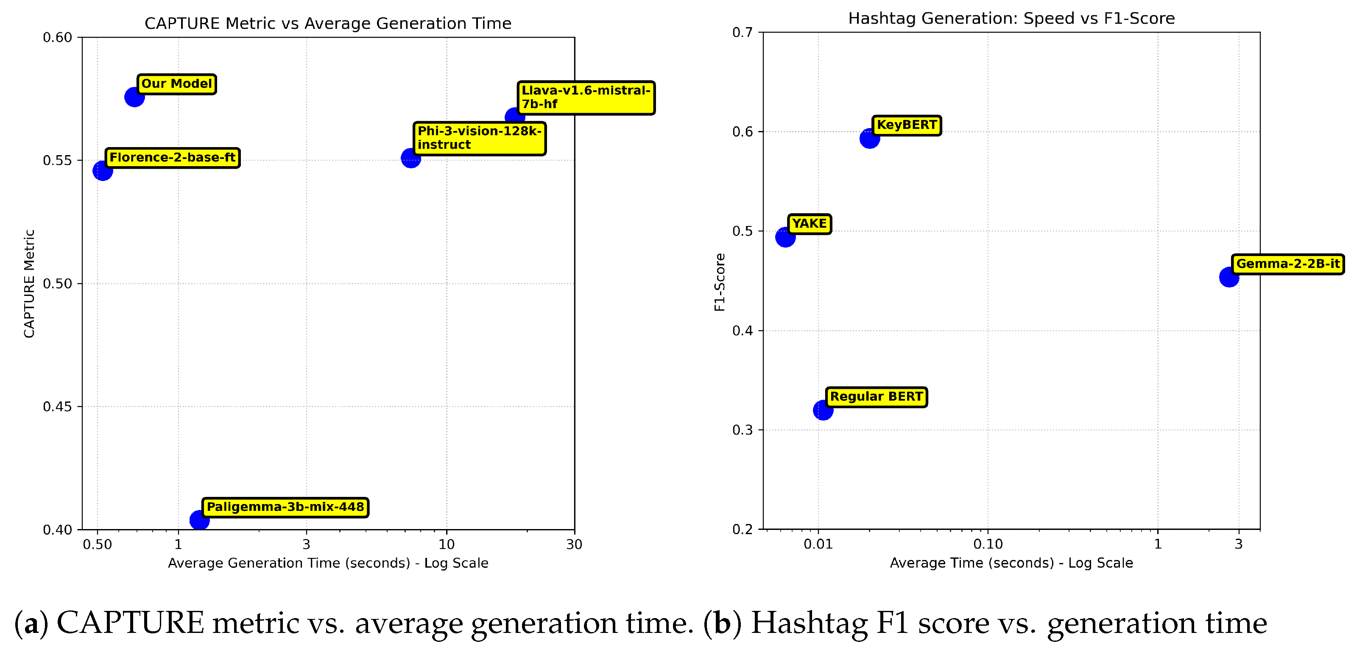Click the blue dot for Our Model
[134, 97]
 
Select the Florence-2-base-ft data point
[103, 171]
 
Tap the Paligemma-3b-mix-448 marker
[199, 520]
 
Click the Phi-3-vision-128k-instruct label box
[479, 138]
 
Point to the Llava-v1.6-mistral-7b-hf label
[586, 98]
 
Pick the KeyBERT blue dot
[870, 139]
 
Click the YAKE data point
[785, 237]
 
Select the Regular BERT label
[876, 397]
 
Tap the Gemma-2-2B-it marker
[1229, 277]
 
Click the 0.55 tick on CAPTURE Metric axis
[57, 161]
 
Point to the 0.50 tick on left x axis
[97, 545]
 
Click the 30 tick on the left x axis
[574, 545]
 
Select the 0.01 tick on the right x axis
[818, 544]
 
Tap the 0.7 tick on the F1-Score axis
[742, 33]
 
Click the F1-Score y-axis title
[720, 282]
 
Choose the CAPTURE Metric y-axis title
[29, 284]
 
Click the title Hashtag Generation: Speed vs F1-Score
[1011, 18]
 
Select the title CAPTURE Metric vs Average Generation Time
[328, 24]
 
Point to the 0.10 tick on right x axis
[988, 544]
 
